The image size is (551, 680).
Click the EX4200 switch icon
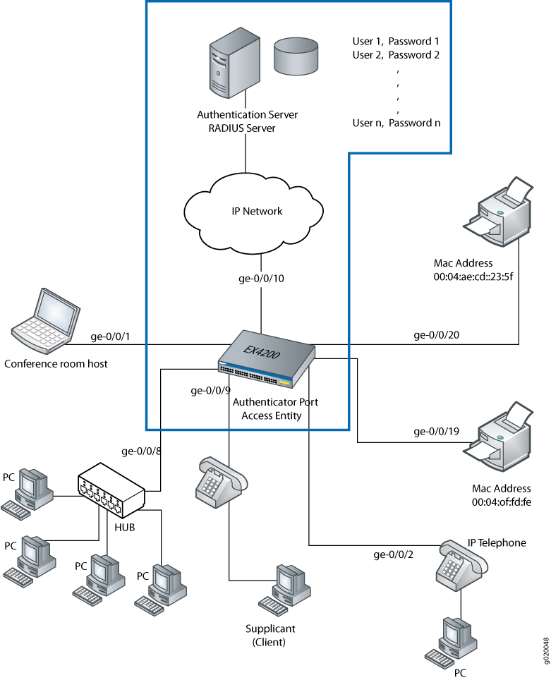pos(267,359)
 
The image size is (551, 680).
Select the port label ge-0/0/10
pos(261,278)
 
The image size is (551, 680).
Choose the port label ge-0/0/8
pos(142,451)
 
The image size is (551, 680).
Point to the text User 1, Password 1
pos(396,42)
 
